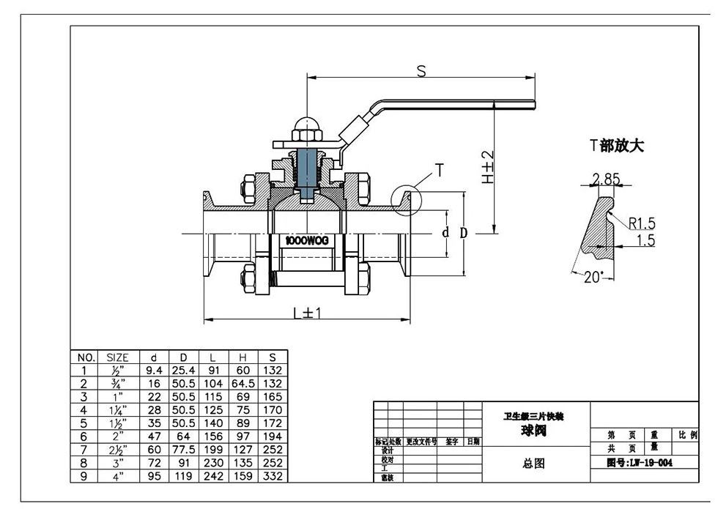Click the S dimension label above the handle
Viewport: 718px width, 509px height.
(421, 71)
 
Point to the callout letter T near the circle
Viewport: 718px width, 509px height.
(440, 171)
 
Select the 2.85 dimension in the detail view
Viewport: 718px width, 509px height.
(606, 179)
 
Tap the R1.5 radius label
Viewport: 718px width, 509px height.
(642, 224)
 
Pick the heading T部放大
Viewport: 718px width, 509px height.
(617, 145)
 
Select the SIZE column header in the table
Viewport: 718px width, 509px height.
(118, 357)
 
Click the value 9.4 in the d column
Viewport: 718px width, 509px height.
(154, 370)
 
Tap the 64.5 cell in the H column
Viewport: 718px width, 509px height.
(243, 382)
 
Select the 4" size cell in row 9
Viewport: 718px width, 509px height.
(118, 477)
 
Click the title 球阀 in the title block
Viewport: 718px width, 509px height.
(534, 431)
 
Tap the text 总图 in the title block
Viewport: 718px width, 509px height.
(533, 463)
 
